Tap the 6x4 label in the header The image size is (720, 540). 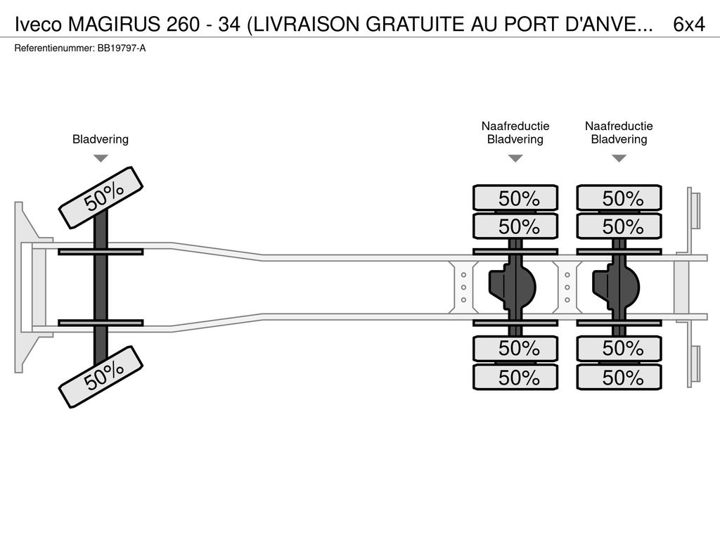689,25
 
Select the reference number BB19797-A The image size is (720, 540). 122,49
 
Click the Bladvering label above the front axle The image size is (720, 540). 101,139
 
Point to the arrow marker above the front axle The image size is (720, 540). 101,158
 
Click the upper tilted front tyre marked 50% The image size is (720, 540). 101,198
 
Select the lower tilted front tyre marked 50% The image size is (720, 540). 101,377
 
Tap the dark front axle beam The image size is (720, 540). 101,287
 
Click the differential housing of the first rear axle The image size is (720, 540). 513,288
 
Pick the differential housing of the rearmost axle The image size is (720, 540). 616,288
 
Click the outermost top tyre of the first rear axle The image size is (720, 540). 515,198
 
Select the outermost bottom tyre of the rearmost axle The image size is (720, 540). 619,378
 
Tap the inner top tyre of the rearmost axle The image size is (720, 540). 619,226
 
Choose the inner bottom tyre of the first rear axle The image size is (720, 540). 515,349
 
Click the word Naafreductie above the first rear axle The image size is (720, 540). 515,126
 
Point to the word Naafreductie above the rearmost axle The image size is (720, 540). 619,126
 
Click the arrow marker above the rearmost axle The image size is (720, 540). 619,158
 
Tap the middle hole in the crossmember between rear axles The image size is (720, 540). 567,288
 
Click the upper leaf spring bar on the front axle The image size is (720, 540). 101,252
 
